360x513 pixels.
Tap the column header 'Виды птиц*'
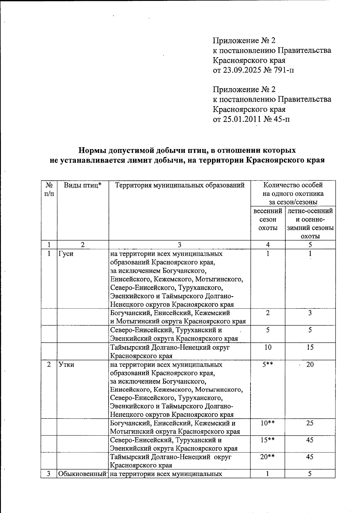[x=82, y=185]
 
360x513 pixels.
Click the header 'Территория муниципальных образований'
[x=179, y=185]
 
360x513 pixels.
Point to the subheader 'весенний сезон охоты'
[x=268, y=219]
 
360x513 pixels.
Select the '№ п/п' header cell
[x=49, y=189]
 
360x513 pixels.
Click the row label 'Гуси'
[x=66, y=254]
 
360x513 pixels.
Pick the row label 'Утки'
[x=66, y=365]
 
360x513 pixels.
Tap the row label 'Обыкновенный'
[x=82, y=474]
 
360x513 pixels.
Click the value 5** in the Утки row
[x=268, y=365]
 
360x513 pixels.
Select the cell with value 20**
[x=268, y=457]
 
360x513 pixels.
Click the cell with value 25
[x=310, y=423]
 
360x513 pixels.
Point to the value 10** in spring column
[x=268, y=423]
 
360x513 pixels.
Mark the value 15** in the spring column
[x=268, y=440]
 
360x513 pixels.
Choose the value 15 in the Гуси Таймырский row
[x=310, y=347]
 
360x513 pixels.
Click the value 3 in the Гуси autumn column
[x=310, y=313]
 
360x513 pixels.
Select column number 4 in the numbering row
[x=268, y=245]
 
